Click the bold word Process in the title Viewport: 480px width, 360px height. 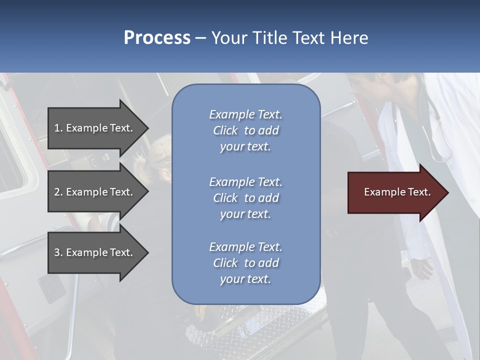coord(157,37)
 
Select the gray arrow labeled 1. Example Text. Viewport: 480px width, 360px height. coord(95,128)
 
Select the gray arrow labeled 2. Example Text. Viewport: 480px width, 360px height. coord(95,192)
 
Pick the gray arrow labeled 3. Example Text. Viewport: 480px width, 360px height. coord(95,252)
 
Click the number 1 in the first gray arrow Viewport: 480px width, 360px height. coord(57,128)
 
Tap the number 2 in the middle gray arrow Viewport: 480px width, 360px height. coord(57,192)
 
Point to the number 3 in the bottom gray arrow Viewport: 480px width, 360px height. coord(57,252)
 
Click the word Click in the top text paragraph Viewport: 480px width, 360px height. coord(225,130)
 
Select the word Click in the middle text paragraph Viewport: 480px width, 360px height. coord(225,198)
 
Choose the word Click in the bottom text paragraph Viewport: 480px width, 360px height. coord(225,263)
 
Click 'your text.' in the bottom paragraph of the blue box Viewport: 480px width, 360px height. coord(245,279)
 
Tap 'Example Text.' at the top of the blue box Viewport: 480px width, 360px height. coord(245,114)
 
